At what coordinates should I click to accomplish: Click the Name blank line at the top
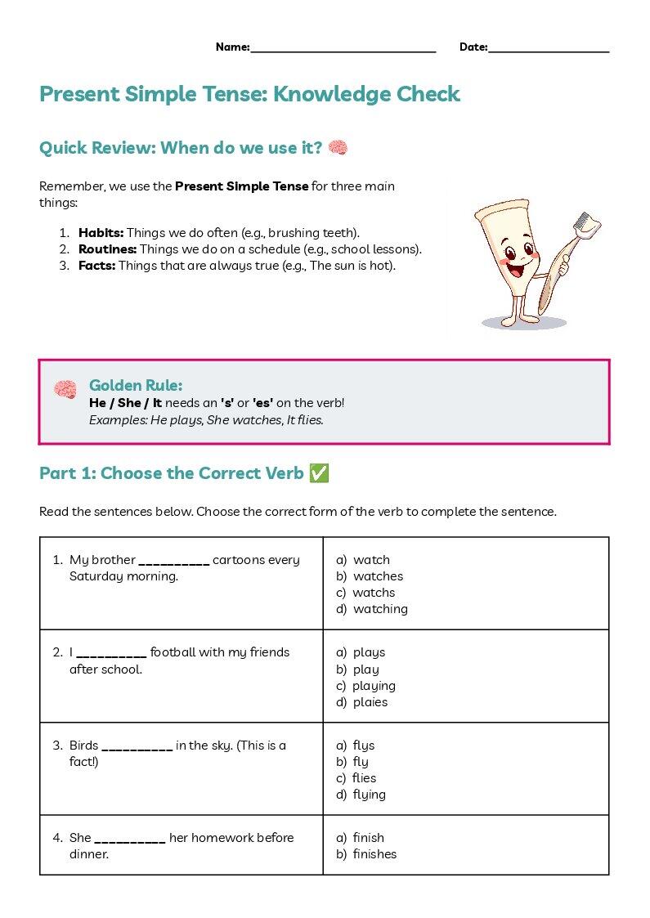point(343,52)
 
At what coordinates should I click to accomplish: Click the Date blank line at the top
point(549,52)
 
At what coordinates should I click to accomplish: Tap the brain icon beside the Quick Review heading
point(338,147)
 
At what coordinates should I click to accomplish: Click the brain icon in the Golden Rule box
point(65,389)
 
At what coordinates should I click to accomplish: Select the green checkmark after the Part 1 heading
point(319,473)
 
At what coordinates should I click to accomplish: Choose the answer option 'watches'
point(379,576)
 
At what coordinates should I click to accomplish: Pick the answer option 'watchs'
point(374,593)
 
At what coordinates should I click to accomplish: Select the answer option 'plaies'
point(370,702)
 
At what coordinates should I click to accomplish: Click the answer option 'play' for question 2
point(366,669)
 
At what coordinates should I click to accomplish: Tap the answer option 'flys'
point(364,746)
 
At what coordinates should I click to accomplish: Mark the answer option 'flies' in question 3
point(364,778)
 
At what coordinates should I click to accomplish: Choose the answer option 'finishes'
point(374,854)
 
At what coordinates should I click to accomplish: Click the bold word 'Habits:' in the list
point(101,232)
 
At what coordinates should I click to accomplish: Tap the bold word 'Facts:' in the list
point(97,265)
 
